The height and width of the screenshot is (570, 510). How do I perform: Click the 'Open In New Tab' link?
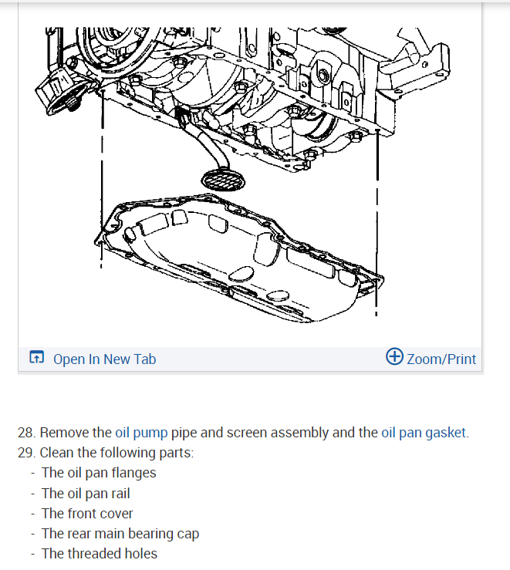[104, 359]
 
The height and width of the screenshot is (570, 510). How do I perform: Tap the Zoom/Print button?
[441, 359]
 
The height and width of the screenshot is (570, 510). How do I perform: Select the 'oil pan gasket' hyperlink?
[424, 433]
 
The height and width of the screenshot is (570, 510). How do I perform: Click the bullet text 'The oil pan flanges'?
[99, 473]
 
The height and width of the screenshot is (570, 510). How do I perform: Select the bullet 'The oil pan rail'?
[86, 493]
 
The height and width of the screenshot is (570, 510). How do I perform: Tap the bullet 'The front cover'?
[87, 513]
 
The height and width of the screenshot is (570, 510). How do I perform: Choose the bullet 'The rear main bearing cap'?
[120, 533]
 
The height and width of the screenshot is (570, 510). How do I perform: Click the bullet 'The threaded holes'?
[100, 553]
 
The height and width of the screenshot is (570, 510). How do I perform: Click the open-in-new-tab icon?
[36, 358]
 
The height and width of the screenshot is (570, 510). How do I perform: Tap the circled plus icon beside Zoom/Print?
[394, 356]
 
